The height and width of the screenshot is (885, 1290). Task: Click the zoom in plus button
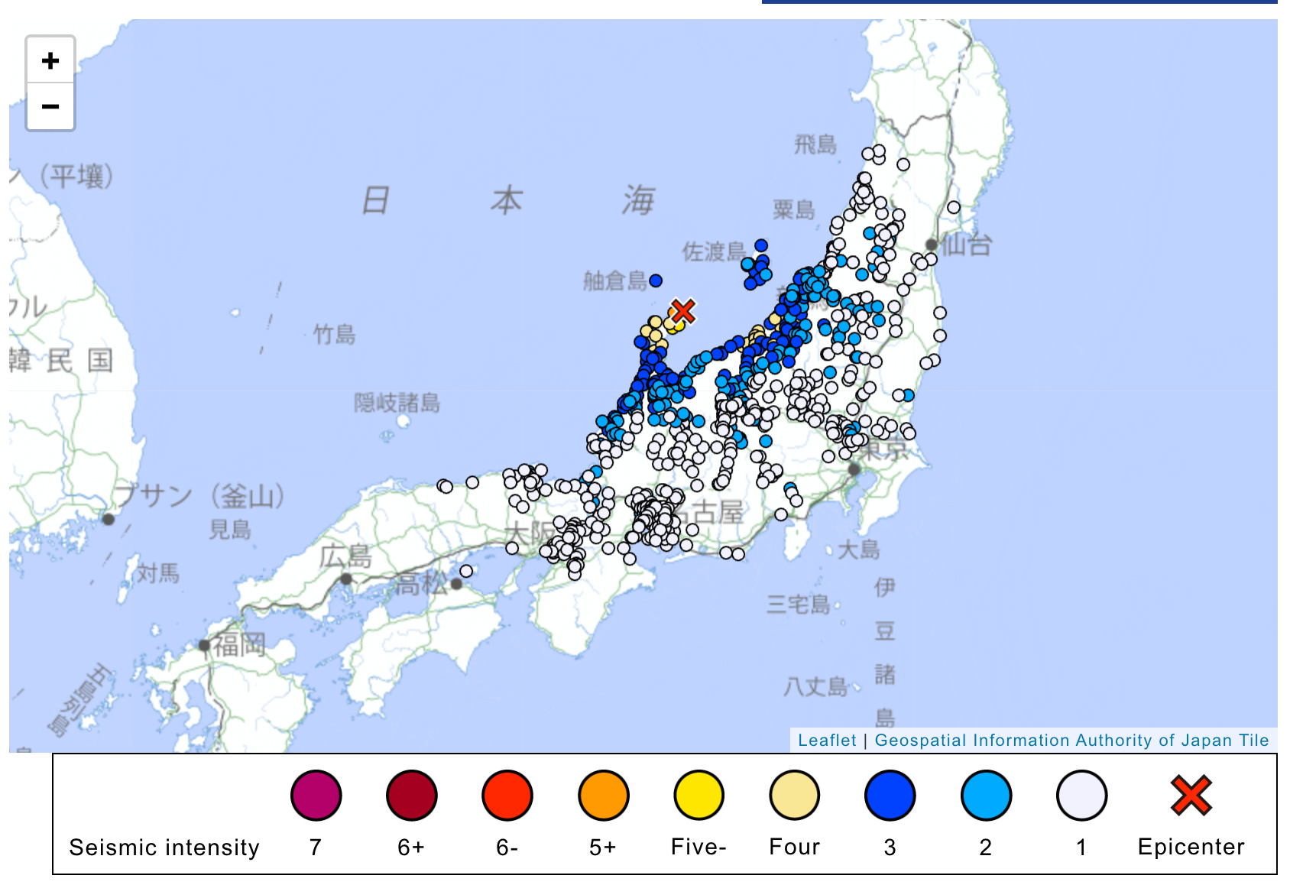coord(50,60)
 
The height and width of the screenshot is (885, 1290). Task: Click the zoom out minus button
coord(50,106)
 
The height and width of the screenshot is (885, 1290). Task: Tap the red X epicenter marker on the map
coord(682,311)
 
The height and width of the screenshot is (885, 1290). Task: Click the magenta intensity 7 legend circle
coord(316,796)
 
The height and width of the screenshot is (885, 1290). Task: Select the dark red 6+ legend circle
coord(411,796)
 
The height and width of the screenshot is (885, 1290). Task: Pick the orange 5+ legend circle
coord(603,796)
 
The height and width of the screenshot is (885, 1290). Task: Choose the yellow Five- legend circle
coord(698,796)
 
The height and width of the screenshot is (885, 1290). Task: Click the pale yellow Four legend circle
coord(794,796)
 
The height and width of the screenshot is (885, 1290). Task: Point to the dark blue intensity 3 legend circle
coord(890,796)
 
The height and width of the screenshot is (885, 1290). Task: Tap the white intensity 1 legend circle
coord(1081,796)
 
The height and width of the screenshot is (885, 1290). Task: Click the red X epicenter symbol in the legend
coord(1191,796)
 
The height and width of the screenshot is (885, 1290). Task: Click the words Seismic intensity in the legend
coord(164,848)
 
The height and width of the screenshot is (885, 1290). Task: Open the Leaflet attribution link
coord(827,740)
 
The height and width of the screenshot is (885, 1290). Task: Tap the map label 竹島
coord(335,334)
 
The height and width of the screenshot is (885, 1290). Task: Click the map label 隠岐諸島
coord(397,402)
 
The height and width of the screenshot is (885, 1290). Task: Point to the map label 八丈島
coord(815,686)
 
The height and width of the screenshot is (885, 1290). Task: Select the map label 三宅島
coord(798,605)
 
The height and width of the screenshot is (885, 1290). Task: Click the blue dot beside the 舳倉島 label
coord(656,280)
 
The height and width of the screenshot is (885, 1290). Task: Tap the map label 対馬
coord(158,572)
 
